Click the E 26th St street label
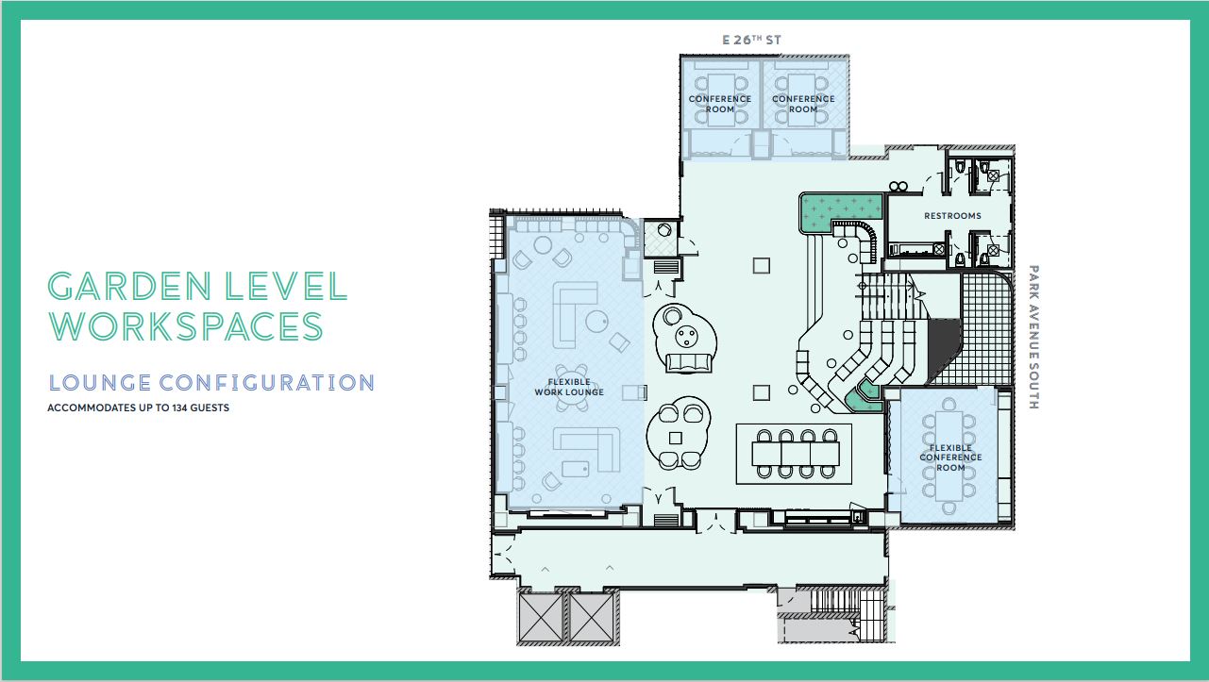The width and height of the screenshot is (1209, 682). click(752, 40)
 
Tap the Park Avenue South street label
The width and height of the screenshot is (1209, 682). click(1033, 337)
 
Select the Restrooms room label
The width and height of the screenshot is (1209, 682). click(952, 216)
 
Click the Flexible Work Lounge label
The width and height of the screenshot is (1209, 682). click(569, 387)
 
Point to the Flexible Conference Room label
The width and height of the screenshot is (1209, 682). click(950, 457)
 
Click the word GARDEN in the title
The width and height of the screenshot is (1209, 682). click(129, 287)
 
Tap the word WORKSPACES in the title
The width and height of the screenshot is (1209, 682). click(186, 326)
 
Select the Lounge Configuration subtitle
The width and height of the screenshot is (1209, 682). click(211, 383)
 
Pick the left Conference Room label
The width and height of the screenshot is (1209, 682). click(720, 104)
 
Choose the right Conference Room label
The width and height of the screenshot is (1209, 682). click(803, 104)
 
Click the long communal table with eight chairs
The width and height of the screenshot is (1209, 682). click(796, 454)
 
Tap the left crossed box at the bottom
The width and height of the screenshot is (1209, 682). click(541, 617)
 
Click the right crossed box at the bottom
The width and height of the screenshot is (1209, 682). click(592, 617)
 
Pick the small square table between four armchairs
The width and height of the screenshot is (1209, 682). click(675, 438)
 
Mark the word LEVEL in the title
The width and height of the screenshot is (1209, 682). click(285, 287)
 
